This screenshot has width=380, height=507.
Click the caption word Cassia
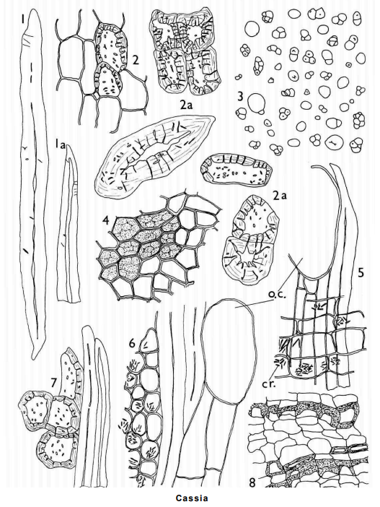tap(192, 498)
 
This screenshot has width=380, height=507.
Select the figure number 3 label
tap(241, 97)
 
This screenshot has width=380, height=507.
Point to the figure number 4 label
tap(105, 221)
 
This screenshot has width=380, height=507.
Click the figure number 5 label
tap(361, 272)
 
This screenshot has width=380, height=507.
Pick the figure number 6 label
tap(132, 343)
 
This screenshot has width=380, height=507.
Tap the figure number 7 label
tap(54, 383)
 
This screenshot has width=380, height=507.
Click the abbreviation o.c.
tap(275, 295)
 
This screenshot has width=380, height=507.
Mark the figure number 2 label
tap(136, 59)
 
